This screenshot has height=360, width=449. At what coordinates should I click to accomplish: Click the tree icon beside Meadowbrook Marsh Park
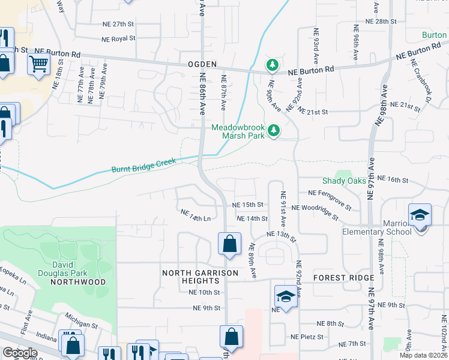click(274, 130)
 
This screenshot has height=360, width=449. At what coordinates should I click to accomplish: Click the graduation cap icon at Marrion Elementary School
click(420, 214)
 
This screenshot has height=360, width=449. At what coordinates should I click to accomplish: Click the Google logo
click(20, 353)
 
